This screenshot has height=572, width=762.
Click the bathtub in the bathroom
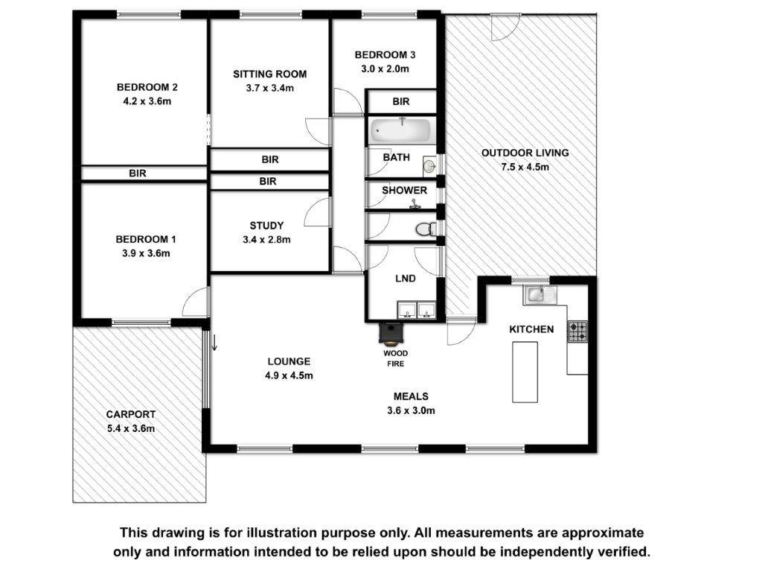point(401,130)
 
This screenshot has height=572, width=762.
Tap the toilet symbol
point(427,229)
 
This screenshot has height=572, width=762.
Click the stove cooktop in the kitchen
point(577,331)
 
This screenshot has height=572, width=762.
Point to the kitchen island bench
point(525,372)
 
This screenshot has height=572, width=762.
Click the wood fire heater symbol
point(391,334)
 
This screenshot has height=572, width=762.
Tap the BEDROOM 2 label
point(147,88)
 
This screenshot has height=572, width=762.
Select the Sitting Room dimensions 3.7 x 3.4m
point(269,89)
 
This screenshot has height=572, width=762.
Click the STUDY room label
point(266,226)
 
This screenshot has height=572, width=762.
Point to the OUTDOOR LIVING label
point(525,153)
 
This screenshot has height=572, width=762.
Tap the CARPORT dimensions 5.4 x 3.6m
point(131,428)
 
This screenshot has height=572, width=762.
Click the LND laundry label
point(406,279)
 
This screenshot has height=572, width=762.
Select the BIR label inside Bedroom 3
point(401,101)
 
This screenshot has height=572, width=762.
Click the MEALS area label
point(411,396)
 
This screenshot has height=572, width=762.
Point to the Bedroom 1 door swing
point(196,302)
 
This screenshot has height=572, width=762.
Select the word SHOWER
point(404,191)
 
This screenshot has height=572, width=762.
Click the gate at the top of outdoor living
point(505,28)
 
